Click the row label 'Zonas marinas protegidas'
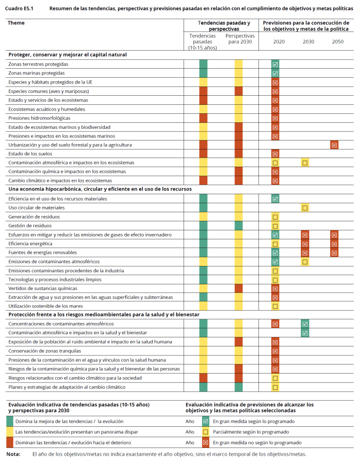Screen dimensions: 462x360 (x=36, y=73)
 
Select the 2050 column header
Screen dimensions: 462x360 (x=337, y=42)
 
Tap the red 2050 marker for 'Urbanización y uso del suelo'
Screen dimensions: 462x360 (x=334, y=145)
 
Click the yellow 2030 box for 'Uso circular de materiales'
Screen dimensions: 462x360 (x=305, y=208)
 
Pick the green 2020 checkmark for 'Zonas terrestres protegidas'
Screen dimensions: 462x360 (x=275, y=64)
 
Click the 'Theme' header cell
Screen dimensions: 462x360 (x=16, y=23)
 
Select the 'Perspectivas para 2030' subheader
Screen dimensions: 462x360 (x=240, y=39)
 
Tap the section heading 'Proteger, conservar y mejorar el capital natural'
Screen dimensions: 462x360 (x=68, y=55)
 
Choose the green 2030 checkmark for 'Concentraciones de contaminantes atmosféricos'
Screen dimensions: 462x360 (x=305, y=324)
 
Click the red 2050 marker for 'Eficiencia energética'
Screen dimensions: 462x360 (x=334, y=244)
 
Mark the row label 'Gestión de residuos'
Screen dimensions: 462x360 (x=30, y=226)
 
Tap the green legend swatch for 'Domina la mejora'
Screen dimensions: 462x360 (x=9, y=421)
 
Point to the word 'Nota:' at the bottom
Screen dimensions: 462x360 (x=13, y=454)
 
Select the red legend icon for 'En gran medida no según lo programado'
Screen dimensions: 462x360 (x=206, y=443)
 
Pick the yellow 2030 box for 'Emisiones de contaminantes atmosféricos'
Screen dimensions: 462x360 (x=305, y=262)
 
